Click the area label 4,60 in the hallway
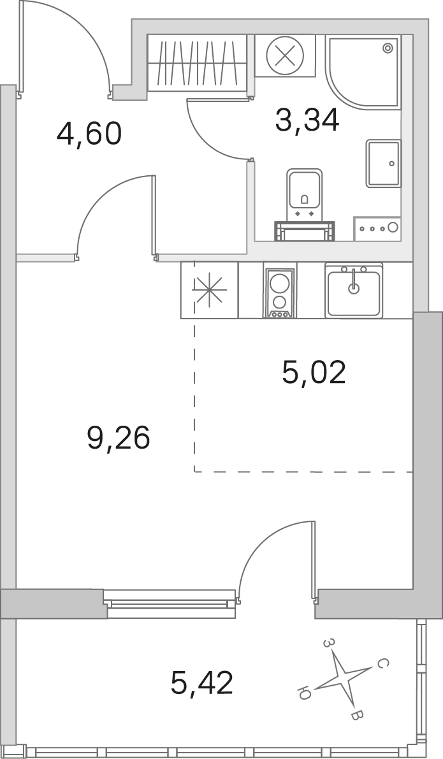point(89,134)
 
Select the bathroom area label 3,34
point(307,120)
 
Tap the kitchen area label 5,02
point(314,373)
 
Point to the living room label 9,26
point(119,438)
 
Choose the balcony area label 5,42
point(202,683)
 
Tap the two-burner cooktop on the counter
point(279,293)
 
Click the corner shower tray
point(363,72)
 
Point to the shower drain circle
point(387,48)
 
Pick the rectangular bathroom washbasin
point(384,164)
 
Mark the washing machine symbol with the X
point(285,55)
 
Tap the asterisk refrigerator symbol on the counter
point(209,290)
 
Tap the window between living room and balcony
point(170,603)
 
